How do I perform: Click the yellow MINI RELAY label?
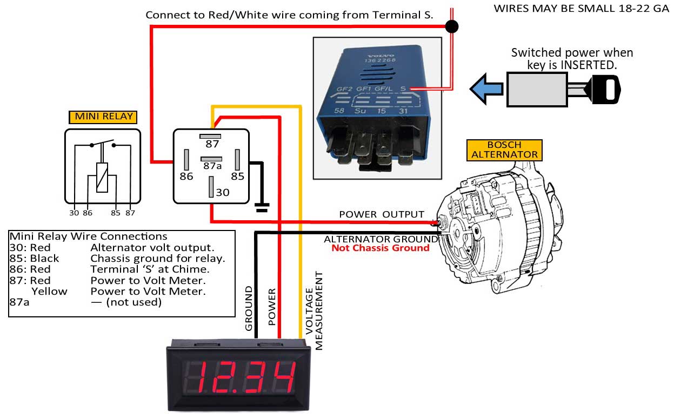pyautogui.click(x=103, y=117)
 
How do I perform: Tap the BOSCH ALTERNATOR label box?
pyautogui.click(x=504, y=150)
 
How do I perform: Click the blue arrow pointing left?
pyautogui.click(x=486, y=89)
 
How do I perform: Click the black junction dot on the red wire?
pyautogui.click(x=452, y=26)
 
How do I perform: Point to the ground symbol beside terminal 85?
pyautogui.click(x=262, y=207)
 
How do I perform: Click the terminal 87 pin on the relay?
pyautogui.click(x=210, y=137)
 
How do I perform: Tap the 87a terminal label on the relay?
pyautogui.click(x=212, y=166)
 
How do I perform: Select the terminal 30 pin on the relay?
pyautogui.click(x=211, y=187)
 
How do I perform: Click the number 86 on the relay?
pyautogui.click(x=186, y=177)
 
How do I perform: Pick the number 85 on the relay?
pyautogui.click(x=237, y=177)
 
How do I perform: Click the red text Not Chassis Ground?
pyautogui.click(x=381, y=248)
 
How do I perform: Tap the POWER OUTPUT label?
pyautogui.click(x=382, y=214)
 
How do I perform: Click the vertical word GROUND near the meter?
pyautogui.click(x=249, y=308)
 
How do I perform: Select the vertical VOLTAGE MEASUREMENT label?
pyautogui.click(x=314, y=311)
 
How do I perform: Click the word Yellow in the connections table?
pyautogui.click(x=49, y=291)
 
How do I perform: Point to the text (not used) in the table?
pyautogui.click(x=134, y=302)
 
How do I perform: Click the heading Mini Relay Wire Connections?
pyautogui.click(x=88, y=236)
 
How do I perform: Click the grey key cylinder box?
pyautogui.click(x=537, y=90)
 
